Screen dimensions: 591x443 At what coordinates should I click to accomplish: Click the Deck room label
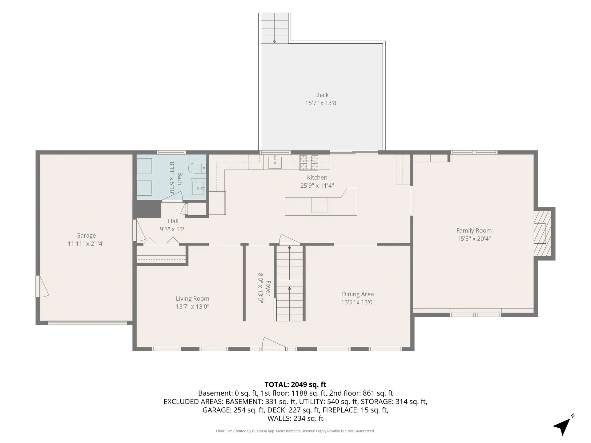pyautogui.click(x=322, y=95)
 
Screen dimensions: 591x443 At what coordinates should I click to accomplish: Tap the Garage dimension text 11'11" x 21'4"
pyautogui.click(x=86, y=244)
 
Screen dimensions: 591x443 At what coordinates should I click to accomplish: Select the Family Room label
pyautogui.click(x=474, y=230)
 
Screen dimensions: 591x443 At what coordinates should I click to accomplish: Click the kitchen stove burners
pyautogui.click(x=309, y=162)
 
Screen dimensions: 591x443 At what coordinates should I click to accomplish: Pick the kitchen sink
pyautogui.click(x=275, y=162)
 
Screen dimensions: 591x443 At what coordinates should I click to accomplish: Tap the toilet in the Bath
pyautogui.click(x=197, y=168)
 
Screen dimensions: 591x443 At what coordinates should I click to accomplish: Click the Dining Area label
pyautogui.click(x=358, y=294)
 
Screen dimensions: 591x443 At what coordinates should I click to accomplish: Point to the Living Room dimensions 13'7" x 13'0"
pyautogui.click(x=192, y=306)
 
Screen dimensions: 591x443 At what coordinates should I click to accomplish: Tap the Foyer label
pyautogui.click(x=268, y=288)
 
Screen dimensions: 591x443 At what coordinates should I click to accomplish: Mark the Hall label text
pyautogui.click(x=173, y=221)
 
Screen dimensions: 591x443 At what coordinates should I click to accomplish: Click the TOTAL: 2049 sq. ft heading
pyautogui.click(x=295, y=385)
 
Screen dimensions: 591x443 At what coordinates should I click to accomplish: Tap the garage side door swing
pyautogui.click(x=42, y=286)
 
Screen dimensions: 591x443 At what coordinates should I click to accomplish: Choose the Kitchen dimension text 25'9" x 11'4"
pyautogui.click(x=317, y=186)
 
